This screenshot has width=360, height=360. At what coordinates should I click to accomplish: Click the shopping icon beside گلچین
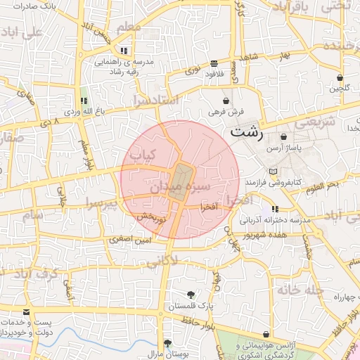340,78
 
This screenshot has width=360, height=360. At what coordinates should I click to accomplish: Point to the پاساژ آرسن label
283,149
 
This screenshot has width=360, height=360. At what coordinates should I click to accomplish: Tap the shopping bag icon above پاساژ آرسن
283,137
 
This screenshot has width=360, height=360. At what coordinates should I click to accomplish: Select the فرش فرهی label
226,112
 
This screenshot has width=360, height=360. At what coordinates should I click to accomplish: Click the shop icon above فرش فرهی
226,101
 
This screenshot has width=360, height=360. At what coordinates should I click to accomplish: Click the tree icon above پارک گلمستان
190,295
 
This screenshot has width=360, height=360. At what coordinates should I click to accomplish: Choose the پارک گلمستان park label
190,307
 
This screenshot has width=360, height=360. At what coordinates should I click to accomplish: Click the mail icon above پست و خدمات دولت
27,311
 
